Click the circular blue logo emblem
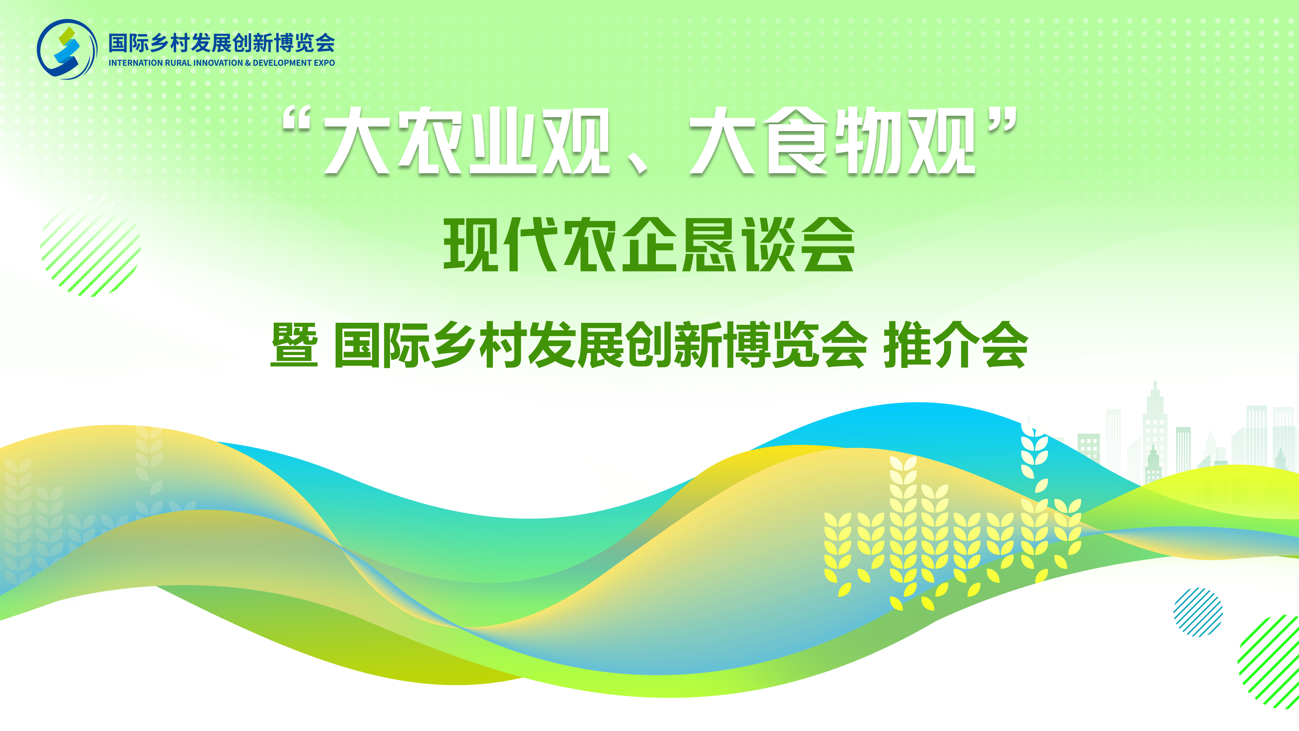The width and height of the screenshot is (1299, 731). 67,49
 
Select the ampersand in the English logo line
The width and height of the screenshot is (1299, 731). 248,63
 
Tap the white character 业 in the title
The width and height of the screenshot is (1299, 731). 503,141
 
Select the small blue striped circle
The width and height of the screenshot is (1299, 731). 1198,612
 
